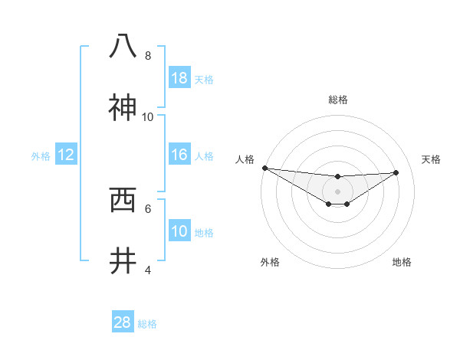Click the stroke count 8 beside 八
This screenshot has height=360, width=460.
(x=148, y=56)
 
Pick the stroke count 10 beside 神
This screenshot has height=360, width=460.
(x=148, y=117)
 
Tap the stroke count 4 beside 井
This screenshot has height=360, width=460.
(x=148, y=270)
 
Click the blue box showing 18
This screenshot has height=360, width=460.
(x=179, y=78)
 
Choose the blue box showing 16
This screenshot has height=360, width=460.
(x=179, y=155)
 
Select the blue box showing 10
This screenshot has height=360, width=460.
(x=179, y=231)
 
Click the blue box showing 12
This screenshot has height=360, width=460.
(x=66, y=155)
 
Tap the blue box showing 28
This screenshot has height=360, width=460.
(x=123, y=322)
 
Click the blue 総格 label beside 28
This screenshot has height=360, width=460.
(x=147, y=324)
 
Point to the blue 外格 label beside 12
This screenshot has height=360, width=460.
(x=41, y=156)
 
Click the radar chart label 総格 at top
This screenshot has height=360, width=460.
(x=337, y=100)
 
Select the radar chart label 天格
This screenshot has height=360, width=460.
(x=432, y=159)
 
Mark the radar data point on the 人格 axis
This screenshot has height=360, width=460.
(x=264, y=168)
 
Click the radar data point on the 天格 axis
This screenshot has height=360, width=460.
(x=396, y=172)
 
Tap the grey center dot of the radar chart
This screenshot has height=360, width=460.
(x=337, y=191)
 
